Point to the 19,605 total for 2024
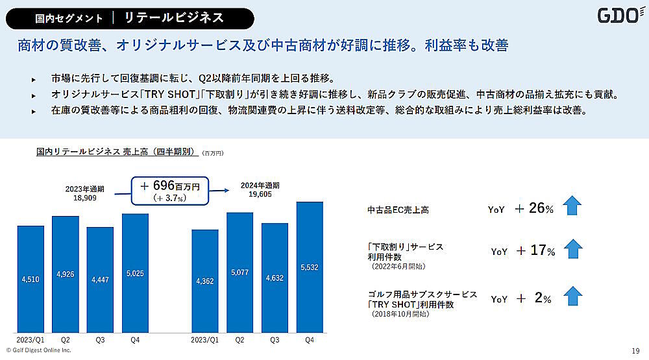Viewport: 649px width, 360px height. pyautogui.click(x=256, y=194)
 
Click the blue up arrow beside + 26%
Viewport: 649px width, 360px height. pyautogui.click(x=572, y=206)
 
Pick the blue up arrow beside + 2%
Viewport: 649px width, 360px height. pyautogui.click(x=572, y=296)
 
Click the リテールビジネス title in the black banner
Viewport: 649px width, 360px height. pyautogui.click(x=173, y=18)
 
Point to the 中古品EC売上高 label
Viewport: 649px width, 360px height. pyautogui.click(x=398, y=210)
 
